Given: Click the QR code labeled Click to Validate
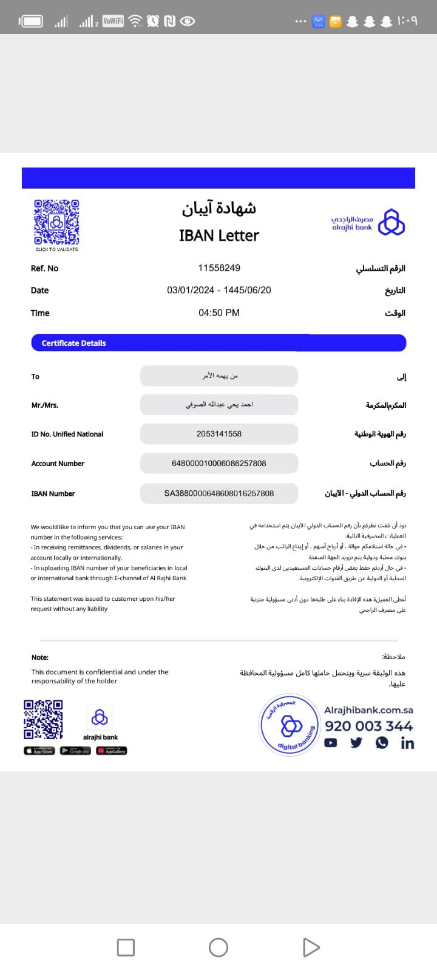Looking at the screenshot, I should pyautogui.click(x=56, y=222).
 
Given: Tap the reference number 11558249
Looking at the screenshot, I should pyautogui.click(x=219, y=268).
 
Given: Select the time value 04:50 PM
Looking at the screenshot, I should pyautogui.click(x=219, y=313).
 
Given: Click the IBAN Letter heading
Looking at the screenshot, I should pyautogui.click(x=219, y=235).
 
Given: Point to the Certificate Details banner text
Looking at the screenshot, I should pyautogui.click(x=73, y=343).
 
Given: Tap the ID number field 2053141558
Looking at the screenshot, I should pyautogui.click(x=219, y=434).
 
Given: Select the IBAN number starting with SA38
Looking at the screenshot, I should pyautogui.click(x=219, y=493).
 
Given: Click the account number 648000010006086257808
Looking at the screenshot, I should pyautogui.click(x=219, y=463).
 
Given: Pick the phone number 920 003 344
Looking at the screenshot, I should pyautogui.click(x=368, y=726).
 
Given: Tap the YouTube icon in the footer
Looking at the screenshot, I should pyautogui.click(x=331, y=742).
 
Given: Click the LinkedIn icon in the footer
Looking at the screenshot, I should pyautogui.click(x=407, y=743).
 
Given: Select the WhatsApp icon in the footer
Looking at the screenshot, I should pyautogui.click(x=382, y=742).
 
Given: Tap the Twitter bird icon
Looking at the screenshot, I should pyautogui.click(x=356, y=742).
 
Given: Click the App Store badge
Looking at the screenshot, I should pyautogui.click(x=39, y=751).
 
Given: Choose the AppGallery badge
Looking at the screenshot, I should pyautogui.click(x=112, y=751).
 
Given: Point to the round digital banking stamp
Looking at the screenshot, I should pyautogui.click(x=290, y=725).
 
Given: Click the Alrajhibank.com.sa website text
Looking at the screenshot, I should pyautogui.click(x=368, y=709).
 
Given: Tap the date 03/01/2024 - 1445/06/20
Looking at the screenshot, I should pyautogui.click(x=219, y=290).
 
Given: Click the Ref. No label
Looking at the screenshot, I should pyautogui.click(x=45, y=268).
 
